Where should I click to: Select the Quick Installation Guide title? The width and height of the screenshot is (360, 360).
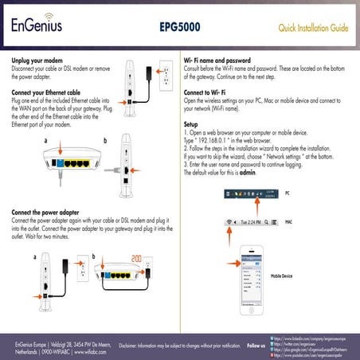tap(313, 29)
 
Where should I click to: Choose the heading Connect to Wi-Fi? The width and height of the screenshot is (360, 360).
tap(208, 93)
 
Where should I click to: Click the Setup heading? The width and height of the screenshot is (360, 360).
tap(191, 125)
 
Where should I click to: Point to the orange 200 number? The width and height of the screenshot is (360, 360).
tap(137, 260)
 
